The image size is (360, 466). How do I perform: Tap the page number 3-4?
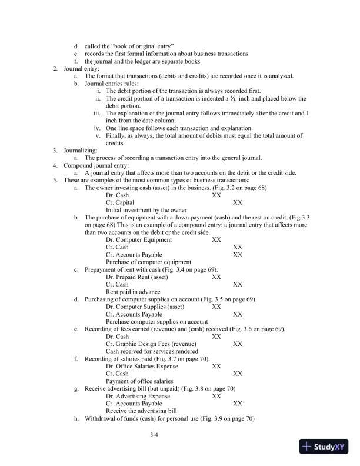point(155,435)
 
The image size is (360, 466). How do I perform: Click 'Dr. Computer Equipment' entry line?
point(139,239)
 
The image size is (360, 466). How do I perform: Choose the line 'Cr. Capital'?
point(120,202)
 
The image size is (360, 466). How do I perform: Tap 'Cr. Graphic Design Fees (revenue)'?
point(151,344)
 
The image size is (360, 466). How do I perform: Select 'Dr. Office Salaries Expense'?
point(142,366)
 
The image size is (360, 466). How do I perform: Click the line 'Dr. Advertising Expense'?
point(138,397)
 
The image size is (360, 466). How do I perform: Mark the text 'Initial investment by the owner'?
point(146,210)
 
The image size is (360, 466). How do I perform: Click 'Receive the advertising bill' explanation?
point(141,411)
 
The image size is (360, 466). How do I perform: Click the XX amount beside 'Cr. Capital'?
point(238,202)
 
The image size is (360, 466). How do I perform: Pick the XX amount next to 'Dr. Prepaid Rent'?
point(216,277)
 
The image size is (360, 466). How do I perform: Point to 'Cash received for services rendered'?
point(151,351)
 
